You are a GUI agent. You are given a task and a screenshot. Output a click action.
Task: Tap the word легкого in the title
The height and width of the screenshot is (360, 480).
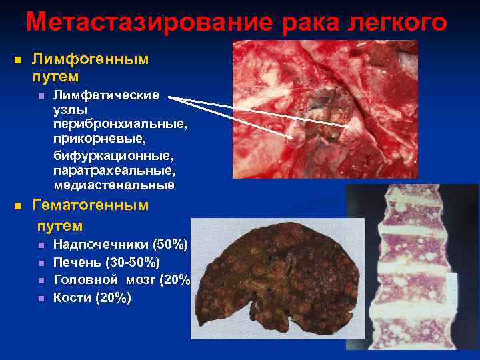click(x=396, y=22)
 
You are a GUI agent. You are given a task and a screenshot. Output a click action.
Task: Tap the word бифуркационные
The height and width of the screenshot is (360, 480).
click(x=113, y=155)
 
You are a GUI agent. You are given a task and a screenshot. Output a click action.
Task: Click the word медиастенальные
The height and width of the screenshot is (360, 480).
click(x=114, y=185)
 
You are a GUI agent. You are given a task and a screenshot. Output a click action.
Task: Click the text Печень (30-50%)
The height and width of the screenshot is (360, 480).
click(x=106, y=262)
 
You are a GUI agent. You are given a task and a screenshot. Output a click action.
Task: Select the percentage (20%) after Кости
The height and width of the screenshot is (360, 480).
click(x=113, y=298)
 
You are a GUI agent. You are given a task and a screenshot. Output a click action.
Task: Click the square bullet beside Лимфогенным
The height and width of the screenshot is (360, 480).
click(x=18, y=60)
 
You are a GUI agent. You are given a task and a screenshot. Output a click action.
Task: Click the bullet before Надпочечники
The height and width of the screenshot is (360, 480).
click(x=41, y=245)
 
